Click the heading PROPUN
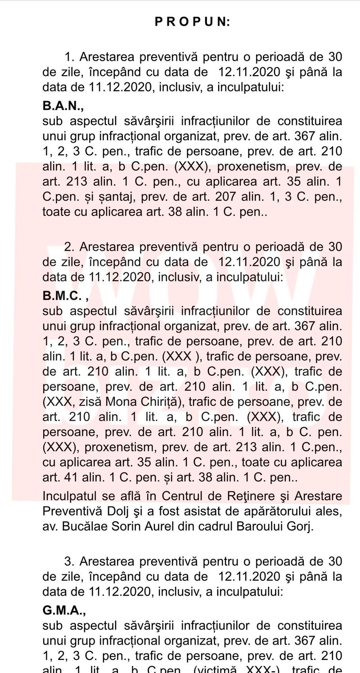coord(192,22)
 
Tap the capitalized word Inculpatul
coord(69,496)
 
